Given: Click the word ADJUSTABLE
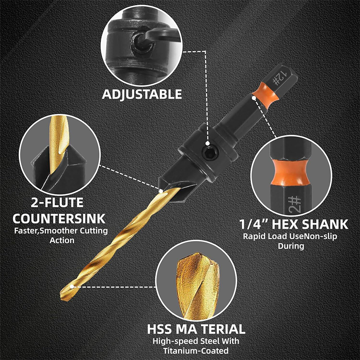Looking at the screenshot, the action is (x=142, y=94).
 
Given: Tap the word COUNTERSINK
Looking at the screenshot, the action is (x=59, y=219).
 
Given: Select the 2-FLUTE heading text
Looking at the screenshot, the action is (x=57, y=202).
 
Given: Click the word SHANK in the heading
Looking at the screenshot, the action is (x=325, y=224).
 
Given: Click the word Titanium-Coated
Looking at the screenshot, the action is (x=196, y=351).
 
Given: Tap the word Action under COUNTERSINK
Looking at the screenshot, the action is (x=62, y=240).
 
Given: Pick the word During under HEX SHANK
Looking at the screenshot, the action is (x=291, y=246).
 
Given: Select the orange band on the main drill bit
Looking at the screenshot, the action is (x=265, y=94).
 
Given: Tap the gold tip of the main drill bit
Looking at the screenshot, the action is (x=66, y=293).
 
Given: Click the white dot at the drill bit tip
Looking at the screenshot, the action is (x=72, y=286).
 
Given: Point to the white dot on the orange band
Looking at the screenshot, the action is (x=254, y=98).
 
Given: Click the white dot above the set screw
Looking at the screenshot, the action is (x=207, y=144).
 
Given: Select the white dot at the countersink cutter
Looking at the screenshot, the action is (x=161, y=191).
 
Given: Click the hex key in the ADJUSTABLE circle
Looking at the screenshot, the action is (x=158, y=37).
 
